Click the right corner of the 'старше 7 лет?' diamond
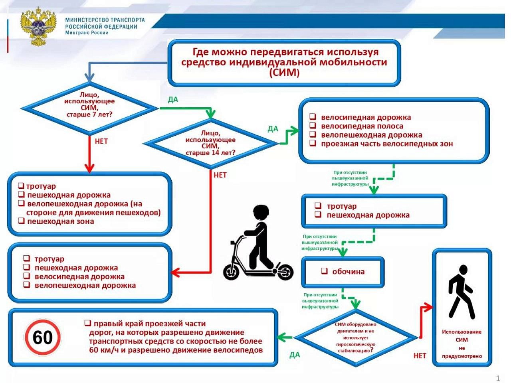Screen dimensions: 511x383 point(158,109)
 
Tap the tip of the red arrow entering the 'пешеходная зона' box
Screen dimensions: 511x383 point(89,172)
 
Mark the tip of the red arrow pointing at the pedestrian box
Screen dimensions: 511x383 point(432,308)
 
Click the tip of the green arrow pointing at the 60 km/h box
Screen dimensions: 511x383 point(277,338)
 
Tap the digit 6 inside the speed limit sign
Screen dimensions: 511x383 point(38,338)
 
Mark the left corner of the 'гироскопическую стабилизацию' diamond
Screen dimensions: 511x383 point(295,338)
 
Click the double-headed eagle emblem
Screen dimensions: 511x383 point(39,26)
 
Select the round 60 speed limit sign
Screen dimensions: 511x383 point(43,337)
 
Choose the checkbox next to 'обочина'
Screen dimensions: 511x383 point(324,271)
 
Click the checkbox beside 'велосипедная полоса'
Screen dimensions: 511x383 point(313,126)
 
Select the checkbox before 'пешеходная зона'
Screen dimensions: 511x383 point(21,221)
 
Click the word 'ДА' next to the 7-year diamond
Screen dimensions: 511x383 point(173,100)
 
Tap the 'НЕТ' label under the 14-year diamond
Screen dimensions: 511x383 point(220,175)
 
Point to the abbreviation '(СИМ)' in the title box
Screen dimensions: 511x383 point(284,73)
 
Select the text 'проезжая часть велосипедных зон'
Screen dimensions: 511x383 point(387,144)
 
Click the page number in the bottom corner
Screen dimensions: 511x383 point(498,378)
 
